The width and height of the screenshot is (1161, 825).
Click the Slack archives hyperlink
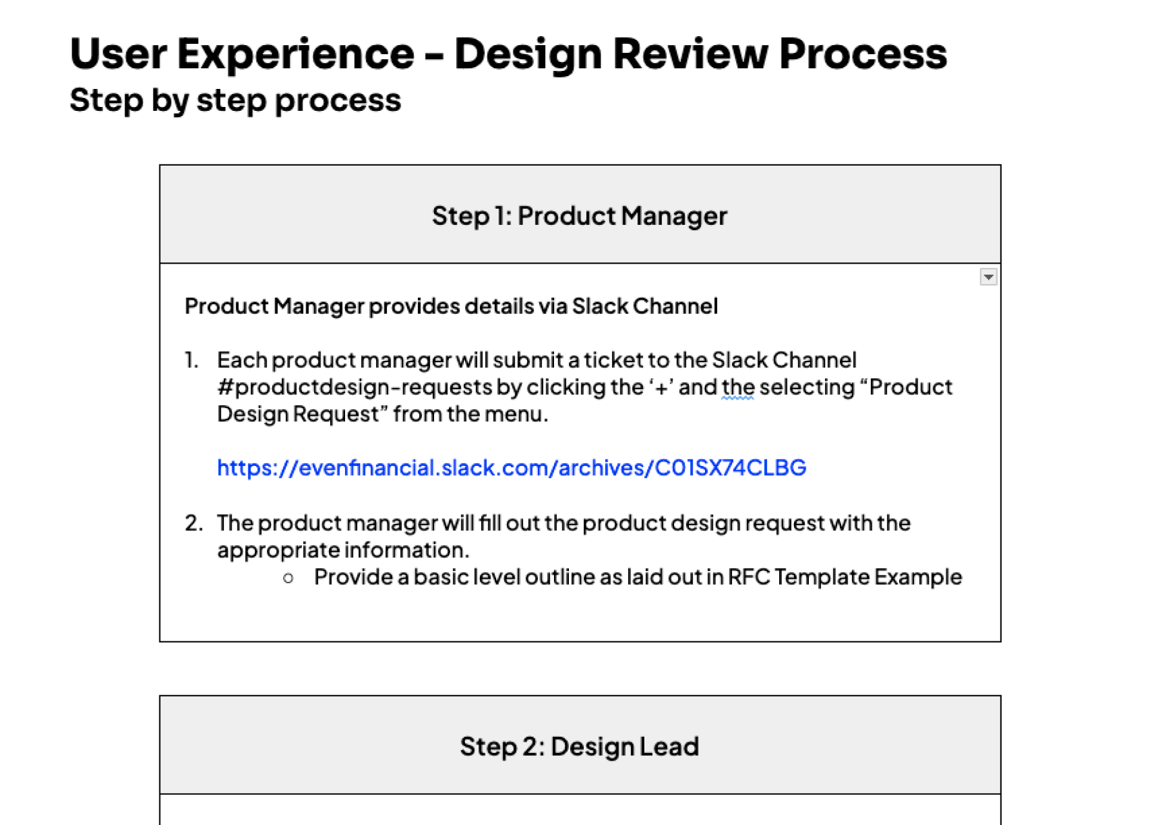(x=511, y=467)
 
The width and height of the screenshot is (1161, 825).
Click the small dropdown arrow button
(x=988, y=277)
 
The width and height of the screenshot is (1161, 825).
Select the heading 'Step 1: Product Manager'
(x=579, y=216)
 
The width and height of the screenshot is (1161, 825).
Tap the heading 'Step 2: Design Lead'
(x=579, y=746)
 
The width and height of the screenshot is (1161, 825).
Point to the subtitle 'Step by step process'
(x=235, y=101)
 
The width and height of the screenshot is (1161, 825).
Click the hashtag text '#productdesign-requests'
(x=355, y=387)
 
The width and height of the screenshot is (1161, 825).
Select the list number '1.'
(x=192, y=360)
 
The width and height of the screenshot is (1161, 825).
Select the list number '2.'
(x=193, y=523)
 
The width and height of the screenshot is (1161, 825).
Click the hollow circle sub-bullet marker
(x=288, y=578)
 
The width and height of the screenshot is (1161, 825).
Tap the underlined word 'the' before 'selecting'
(x=738, y=387)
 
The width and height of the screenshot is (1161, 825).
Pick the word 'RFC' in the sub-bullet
(x=749, y=577)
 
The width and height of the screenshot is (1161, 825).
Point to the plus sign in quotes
(x=661, y=388)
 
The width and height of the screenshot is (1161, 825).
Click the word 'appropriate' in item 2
(x=278, y=550)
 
